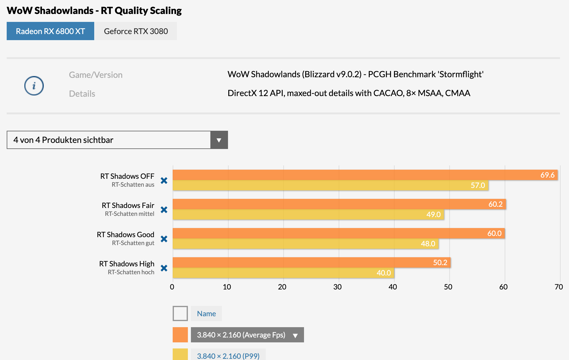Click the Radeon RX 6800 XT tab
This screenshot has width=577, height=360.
50,31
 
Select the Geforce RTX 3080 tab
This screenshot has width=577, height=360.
136,31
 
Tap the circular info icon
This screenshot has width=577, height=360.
34,85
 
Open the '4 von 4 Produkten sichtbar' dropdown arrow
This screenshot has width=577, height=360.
219,140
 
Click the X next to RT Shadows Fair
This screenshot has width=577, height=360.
164,210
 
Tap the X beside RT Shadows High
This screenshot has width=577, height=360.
164,268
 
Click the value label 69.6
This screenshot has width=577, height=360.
547,175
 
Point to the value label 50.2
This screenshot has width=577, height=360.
440,263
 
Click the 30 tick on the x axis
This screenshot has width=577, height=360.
337,287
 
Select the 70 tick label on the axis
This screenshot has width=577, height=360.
558,287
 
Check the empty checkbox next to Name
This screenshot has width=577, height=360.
180,313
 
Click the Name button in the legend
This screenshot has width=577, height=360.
206,313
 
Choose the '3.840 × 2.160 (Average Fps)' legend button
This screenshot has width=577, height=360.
247,335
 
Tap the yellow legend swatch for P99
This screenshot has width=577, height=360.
180,355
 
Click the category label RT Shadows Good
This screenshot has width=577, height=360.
126,235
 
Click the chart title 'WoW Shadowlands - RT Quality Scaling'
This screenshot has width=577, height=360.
94,11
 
